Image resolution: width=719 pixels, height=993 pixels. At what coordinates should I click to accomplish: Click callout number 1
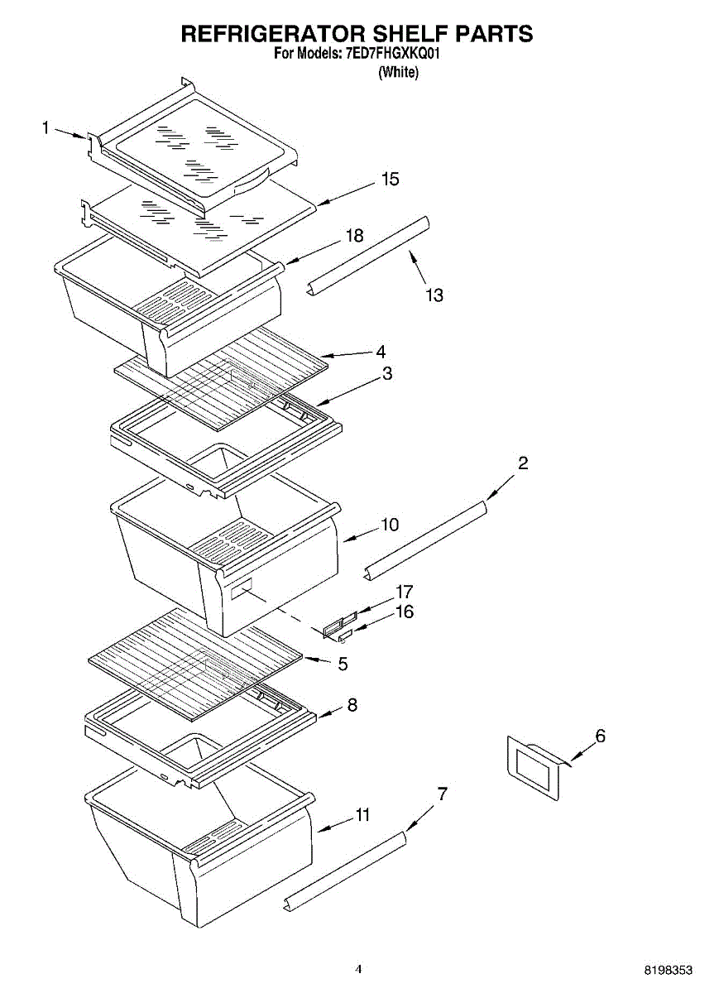tap(46, 127)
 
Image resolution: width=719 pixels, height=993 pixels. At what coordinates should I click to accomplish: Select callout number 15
tap(390, 180)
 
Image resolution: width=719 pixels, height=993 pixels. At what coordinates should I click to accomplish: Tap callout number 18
tap(354, 236)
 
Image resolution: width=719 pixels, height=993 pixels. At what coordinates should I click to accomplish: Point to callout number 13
tap(434, 295)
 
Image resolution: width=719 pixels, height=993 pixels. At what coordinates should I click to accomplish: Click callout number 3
tap(386, 374)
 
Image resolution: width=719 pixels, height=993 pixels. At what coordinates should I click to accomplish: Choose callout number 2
tap(523, 463)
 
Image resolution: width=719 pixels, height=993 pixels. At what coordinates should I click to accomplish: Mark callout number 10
tap(390, 525)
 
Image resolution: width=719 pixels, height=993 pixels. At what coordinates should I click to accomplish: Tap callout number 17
tap(404, 592)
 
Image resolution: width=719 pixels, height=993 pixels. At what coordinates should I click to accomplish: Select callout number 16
tap(404, 612)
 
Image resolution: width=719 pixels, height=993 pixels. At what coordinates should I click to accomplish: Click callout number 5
tap(342, 664)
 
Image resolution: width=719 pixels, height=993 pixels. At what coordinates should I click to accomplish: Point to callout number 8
tap(352, 705)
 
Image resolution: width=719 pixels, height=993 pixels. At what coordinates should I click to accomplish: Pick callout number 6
tap(600, 736)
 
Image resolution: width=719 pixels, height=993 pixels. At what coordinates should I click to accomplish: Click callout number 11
tap(362, 815)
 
